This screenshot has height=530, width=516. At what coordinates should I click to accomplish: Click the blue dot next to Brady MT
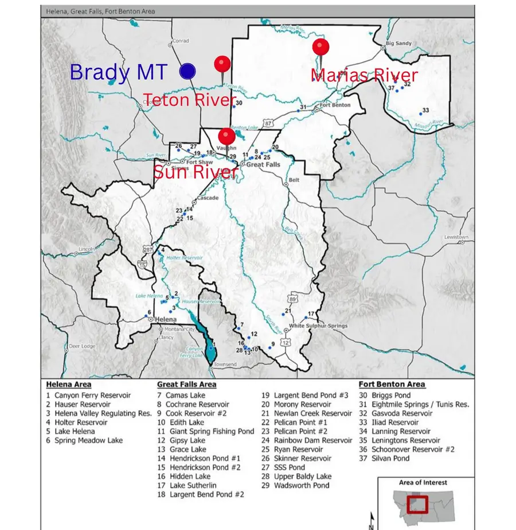[187, 71]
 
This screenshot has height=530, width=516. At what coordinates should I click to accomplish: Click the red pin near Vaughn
[227, 136]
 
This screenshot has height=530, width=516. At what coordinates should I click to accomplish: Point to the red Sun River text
[195, 172]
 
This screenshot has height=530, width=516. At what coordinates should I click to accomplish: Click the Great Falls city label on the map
[263, 164]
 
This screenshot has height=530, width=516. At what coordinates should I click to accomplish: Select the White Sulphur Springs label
[318, 326]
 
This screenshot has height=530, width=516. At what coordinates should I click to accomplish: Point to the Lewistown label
[456, 237]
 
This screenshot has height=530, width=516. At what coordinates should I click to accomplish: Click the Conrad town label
[181, 41]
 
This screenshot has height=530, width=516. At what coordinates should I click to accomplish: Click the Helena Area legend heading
[69, 384]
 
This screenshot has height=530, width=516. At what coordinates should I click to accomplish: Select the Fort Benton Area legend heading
[392, 384]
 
